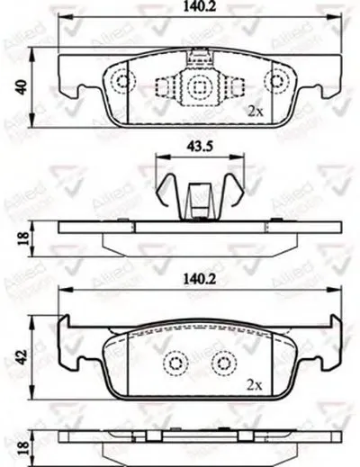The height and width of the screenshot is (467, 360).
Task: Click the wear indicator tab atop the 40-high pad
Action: (x=197, y=58)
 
